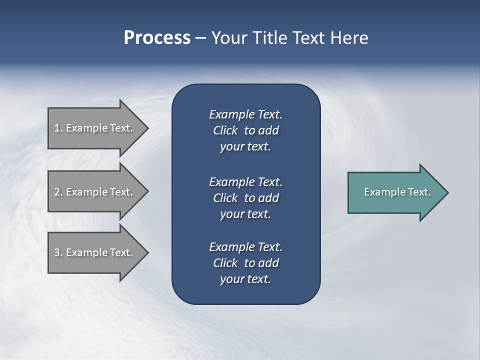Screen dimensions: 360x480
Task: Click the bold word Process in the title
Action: pyautogui.click(x=157, y=38)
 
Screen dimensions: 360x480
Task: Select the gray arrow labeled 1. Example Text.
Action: pyautogui.click(x=95, y=128)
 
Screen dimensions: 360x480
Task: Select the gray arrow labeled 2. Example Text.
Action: pyautogui.click(x=95, y=192)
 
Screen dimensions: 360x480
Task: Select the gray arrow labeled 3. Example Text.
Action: pyautogui.click(x=95, y=252)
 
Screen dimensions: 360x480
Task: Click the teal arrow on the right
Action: pyautogui.click(x=395, y=192)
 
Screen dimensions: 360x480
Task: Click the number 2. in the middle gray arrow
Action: pyautogui.click(x=58, y=192)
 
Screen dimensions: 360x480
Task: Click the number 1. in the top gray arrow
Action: pyautogui.click(x=58, y=128)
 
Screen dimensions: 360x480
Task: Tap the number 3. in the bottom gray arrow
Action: pyautogui.click(x=58, y=252)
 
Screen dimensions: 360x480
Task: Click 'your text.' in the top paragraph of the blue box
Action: pyautogui.click(x=245, y=147)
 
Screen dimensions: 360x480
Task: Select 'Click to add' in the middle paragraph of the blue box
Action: pyautogui.click(x=245, y=198)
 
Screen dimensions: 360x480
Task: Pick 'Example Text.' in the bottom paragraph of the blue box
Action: pyautogui.click(x=245, y=247)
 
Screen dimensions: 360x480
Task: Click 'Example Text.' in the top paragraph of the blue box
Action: pyautogui.click(x=245, y=114)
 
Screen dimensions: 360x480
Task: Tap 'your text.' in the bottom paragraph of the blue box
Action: pyautogui.click(x=245, y=279)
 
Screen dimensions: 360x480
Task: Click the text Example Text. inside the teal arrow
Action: pyautogui.click(x=397, y=192)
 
